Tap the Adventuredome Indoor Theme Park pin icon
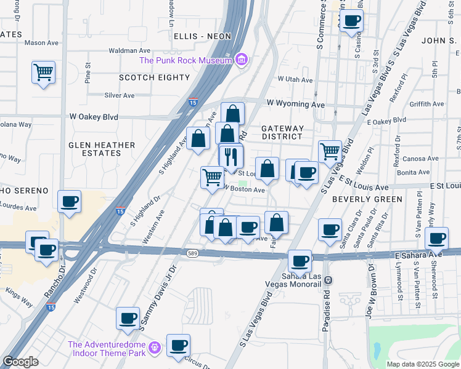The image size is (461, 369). point(155,348)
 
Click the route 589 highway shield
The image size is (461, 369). point(193,253)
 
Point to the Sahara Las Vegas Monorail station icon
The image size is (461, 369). point(328,280)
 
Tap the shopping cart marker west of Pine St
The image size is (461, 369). point(43,73)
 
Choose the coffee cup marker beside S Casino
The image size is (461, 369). point(351,21)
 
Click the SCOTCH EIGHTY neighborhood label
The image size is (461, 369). point(154,77)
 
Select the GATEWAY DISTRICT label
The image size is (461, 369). point(282,133)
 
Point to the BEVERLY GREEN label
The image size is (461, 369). point(367,199)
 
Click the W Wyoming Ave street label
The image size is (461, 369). point(295,105)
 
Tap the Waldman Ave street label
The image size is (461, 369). point(129,50)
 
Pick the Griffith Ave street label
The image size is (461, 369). point(430,105)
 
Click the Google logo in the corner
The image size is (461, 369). point(20,362)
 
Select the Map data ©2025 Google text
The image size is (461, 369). point(422,364)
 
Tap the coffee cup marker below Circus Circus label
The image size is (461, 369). point(178,345)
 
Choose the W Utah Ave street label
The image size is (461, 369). point(295,79)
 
